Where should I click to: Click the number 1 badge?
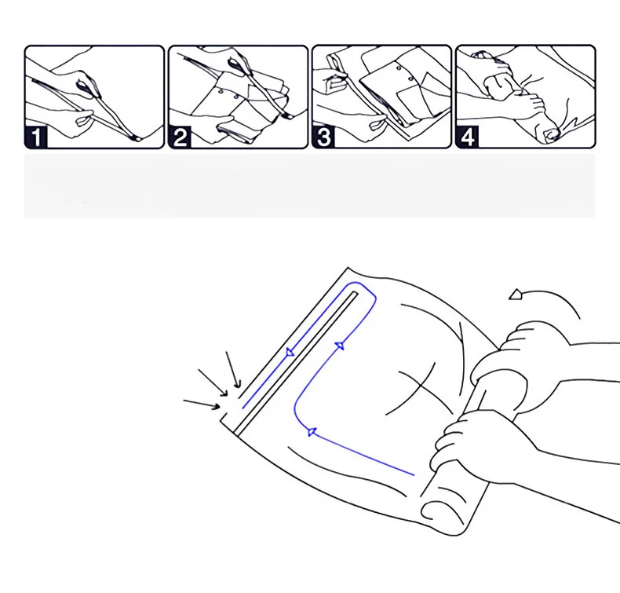(x=36, y=137)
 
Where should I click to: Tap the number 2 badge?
(x=180, y=137)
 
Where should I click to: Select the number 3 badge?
(x=324, y=137)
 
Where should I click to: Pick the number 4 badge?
(x=468, y=137)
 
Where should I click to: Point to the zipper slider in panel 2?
(x=236, y=64)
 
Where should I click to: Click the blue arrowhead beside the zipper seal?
(x=290, y=352)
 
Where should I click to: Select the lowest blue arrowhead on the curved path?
(x=312, y=432)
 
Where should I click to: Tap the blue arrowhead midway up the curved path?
(x=340, y=346)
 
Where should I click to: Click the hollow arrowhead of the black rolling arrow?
(x=516, y=295)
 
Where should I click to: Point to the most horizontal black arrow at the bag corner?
(x=202, y=404)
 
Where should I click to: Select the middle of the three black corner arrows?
(x=213, y=383)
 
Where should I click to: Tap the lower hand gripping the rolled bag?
(x=475, y=443)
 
